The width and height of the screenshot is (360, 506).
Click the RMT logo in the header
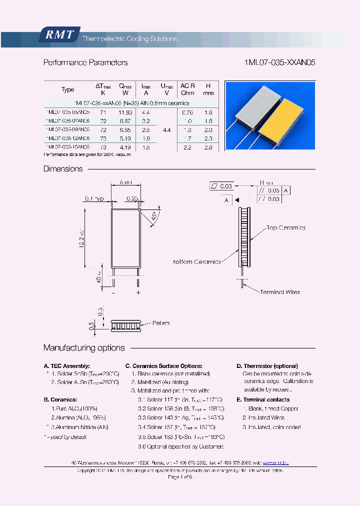click(59, 34)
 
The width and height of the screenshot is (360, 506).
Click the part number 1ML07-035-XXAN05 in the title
click(279, 63)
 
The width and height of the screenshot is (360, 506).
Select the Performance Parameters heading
click(85, 63)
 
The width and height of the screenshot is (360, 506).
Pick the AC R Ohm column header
click(187, 89)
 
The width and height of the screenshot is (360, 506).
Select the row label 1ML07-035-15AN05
click(67, 147)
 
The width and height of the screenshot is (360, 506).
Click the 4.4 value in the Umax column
click(166, 129)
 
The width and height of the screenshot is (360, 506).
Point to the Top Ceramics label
click(285, 228)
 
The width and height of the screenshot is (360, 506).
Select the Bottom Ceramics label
click(196, 261)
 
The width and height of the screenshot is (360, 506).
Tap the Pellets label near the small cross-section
click(160, 323)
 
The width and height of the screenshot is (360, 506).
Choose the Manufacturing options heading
click(84, 348)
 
